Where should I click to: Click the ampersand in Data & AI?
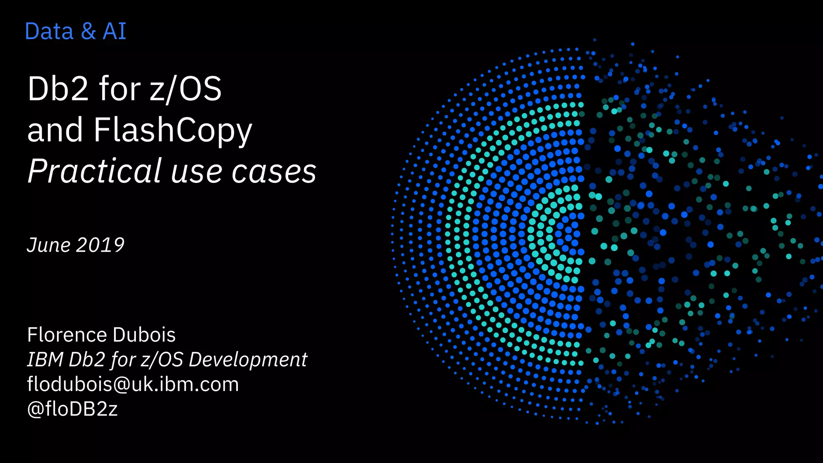click(88, 31)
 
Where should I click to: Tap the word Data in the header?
click(49, 31)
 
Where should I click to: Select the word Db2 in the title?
click(58, 89)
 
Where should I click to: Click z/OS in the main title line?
click(186, 89)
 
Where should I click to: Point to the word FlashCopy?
click(173, 131)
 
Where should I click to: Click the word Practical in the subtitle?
click(95, 171)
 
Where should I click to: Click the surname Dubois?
click(144, 335)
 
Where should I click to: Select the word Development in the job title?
click(248, 359)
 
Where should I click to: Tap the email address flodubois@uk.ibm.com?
click(133, 384)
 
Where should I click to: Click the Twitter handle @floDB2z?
click(72, 409)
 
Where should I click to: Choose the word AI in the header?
click(115, 31)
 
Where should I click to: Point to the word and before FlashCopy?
click(55, 131)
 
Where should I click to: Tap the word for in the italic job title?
click(123, 359)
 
